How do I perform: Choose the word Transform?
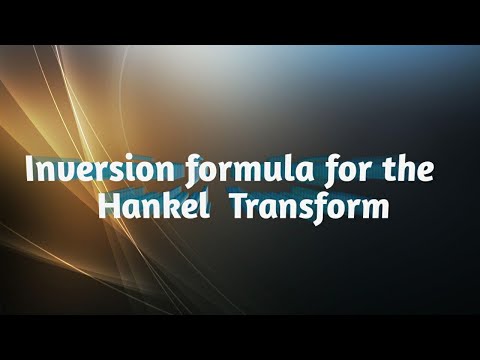tap(306, 209)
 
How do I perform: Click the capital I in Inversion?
tap(31, 171)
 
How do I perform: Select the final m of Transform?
tap(370, 211)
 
